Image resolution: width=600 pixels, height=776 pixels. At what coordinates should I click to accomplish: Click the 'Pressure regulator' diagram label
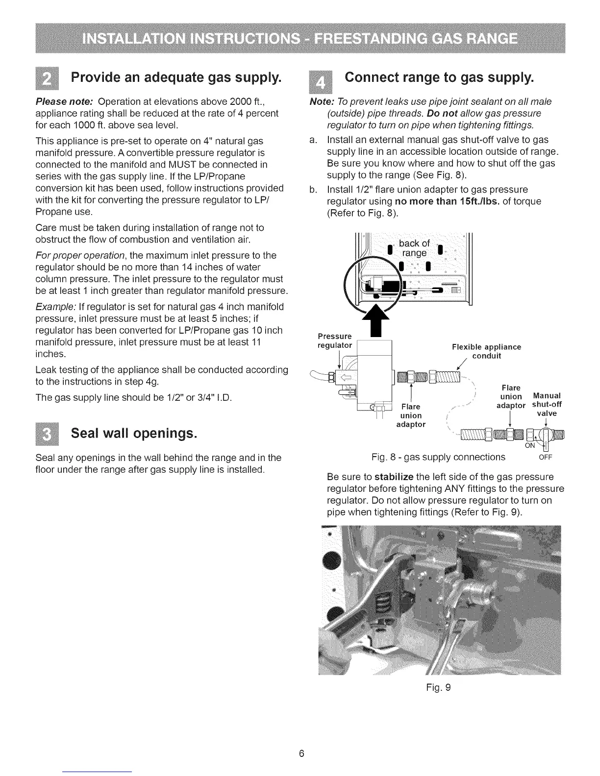pyautogui.click(x=335, y=340)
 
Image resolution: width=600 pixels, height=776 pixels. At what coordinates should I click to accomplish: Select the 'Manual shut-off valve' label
pyautogui.click(x=547, y=404)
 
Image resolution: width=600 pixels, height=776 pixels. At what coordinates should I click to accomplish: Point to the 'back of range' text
pyautogui.click(x=414, y=248)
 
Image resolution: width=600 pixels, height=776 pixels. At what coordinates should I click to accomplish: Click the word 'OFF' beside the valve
pyautogui.click(x=546, y=458)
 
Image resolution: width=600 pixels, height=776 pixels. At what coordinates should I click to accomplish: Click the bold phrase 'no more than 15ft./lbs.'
pyautogui.click(x=444, y=201)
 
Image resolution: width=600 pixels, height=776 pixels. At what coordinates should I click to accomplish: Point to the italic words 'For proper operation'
pyautogui.click(x=81, y=255)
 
